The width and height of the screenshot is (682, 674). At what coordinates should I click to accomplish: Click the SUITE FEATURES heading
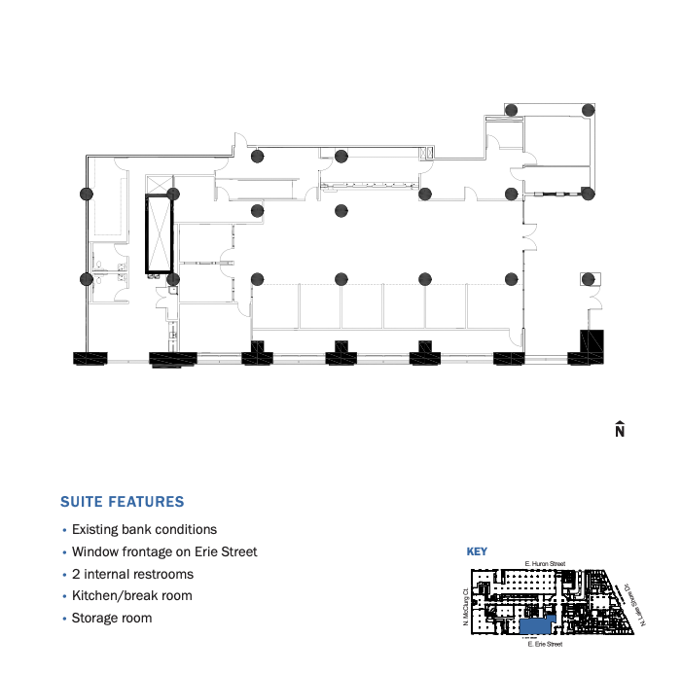[122, 503]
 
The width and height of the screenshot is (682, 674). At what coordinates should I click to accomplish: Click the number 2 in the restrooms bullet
[76, 575]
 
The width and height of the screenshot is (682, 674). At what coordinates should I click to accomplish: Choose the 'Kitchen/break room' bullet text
[132, 596]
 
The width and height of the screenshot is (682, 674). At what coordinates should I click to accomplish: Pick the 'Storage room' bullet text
[112, 619]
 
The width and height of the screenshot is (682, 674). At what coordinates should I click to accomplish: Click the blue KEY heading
[477, 552]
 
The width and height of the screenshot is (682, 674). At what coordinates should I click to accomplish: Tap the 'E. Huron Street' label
[544, 564]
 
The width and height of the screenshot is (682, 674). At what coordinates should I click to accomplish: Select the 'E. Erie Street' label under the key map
[544, 644]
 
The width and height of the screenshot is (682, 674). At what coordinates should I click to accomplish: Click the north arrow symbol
[619, 429]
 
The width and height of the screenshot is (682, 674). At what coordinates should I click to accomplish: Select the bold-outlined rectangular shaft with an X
[159, 233]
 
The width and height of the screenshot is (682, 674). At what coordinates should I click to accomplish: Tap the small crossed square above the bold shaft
[159, 185]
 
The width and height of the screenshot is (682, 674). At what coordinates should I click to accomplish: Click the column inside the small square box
[589, 279]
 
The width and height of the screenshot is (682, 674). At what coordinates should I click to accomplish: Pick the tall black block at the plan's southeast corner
[592, 346]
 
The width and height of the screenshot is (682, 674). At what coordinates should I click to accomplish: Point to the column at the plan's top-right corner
[587, 110]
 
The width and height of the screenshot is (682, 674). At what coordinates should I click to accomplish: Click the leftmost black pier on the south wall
[90, 357]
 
